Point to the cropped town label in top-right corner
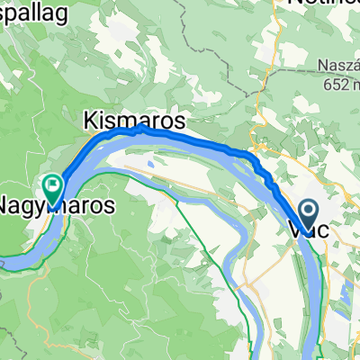click(324, 5)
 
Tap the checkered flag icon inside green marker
click(52, 187)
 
